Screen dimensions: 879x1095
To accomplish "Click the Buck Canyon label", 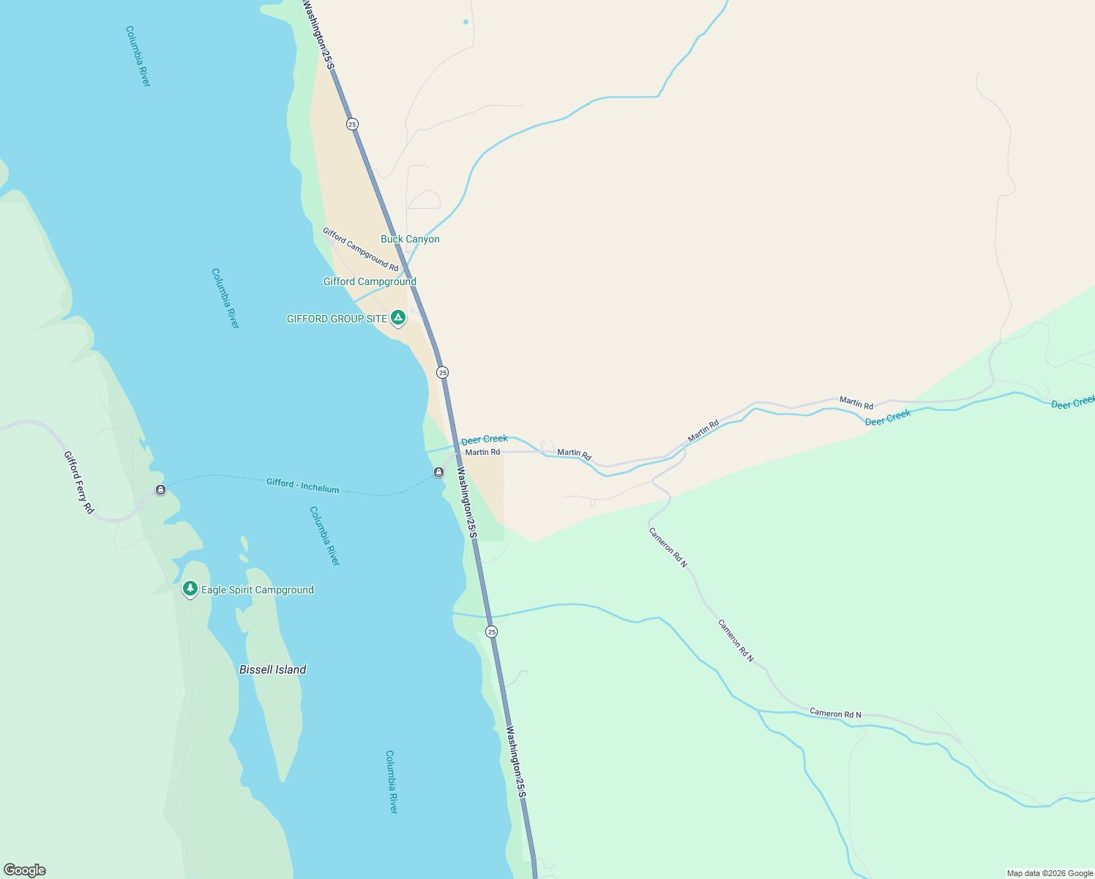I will click(410, 240).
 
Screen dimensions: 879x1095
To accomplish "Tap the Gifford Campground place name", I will click(370, 282).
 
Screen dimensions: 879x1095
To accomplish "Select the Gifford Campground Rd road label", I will click(360, 249).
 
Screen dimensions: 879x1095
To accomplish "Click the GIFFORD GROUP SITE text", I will click(337, 319).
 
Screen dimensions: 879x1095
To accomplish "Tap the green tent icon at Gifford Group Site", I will click(397, 317).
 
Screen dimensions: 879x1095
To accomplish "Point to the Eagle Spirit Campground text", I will click(257, 590).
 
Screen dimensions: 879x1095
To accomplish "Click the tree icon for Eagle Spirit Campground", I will click(190, 588).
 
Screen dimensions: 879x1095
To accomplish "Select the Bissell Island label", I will click(272, 670).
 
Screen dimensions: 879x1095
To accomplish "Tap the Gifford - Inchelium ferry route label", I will click(302, 485).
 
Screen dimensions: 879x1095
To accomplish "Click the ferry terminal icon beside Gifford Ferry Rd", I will click(160, 489).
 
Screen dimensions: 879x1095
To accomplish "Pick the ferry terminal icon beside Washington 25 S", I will click(438, 472).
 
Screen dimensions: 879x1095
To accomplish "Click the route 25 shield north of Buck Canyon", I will click(352, 125).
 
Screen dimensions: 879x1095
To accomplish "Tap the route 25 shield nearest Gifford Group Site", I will click(442, 373).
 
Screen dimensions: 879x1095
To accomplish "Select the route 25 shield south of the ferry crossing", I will click(491, 631).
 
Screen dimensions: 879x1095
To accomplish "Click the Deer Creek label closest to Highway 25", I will click(484, 439).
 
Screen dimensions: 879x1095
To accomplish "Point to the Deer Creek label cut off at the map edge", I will click(1072, 402).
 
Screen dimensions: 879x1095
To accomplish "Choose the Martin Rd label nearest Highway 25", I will click(482, 453).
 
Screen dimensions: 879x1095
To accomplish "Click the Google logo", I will click(24, 870).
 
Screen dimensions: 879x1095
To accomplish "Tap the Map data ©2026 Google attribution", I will click(1049, 873).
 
